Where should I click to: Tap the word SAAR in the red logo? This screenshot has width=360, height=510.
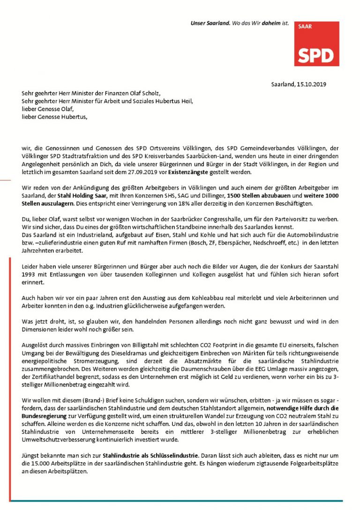click(305, 27)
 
